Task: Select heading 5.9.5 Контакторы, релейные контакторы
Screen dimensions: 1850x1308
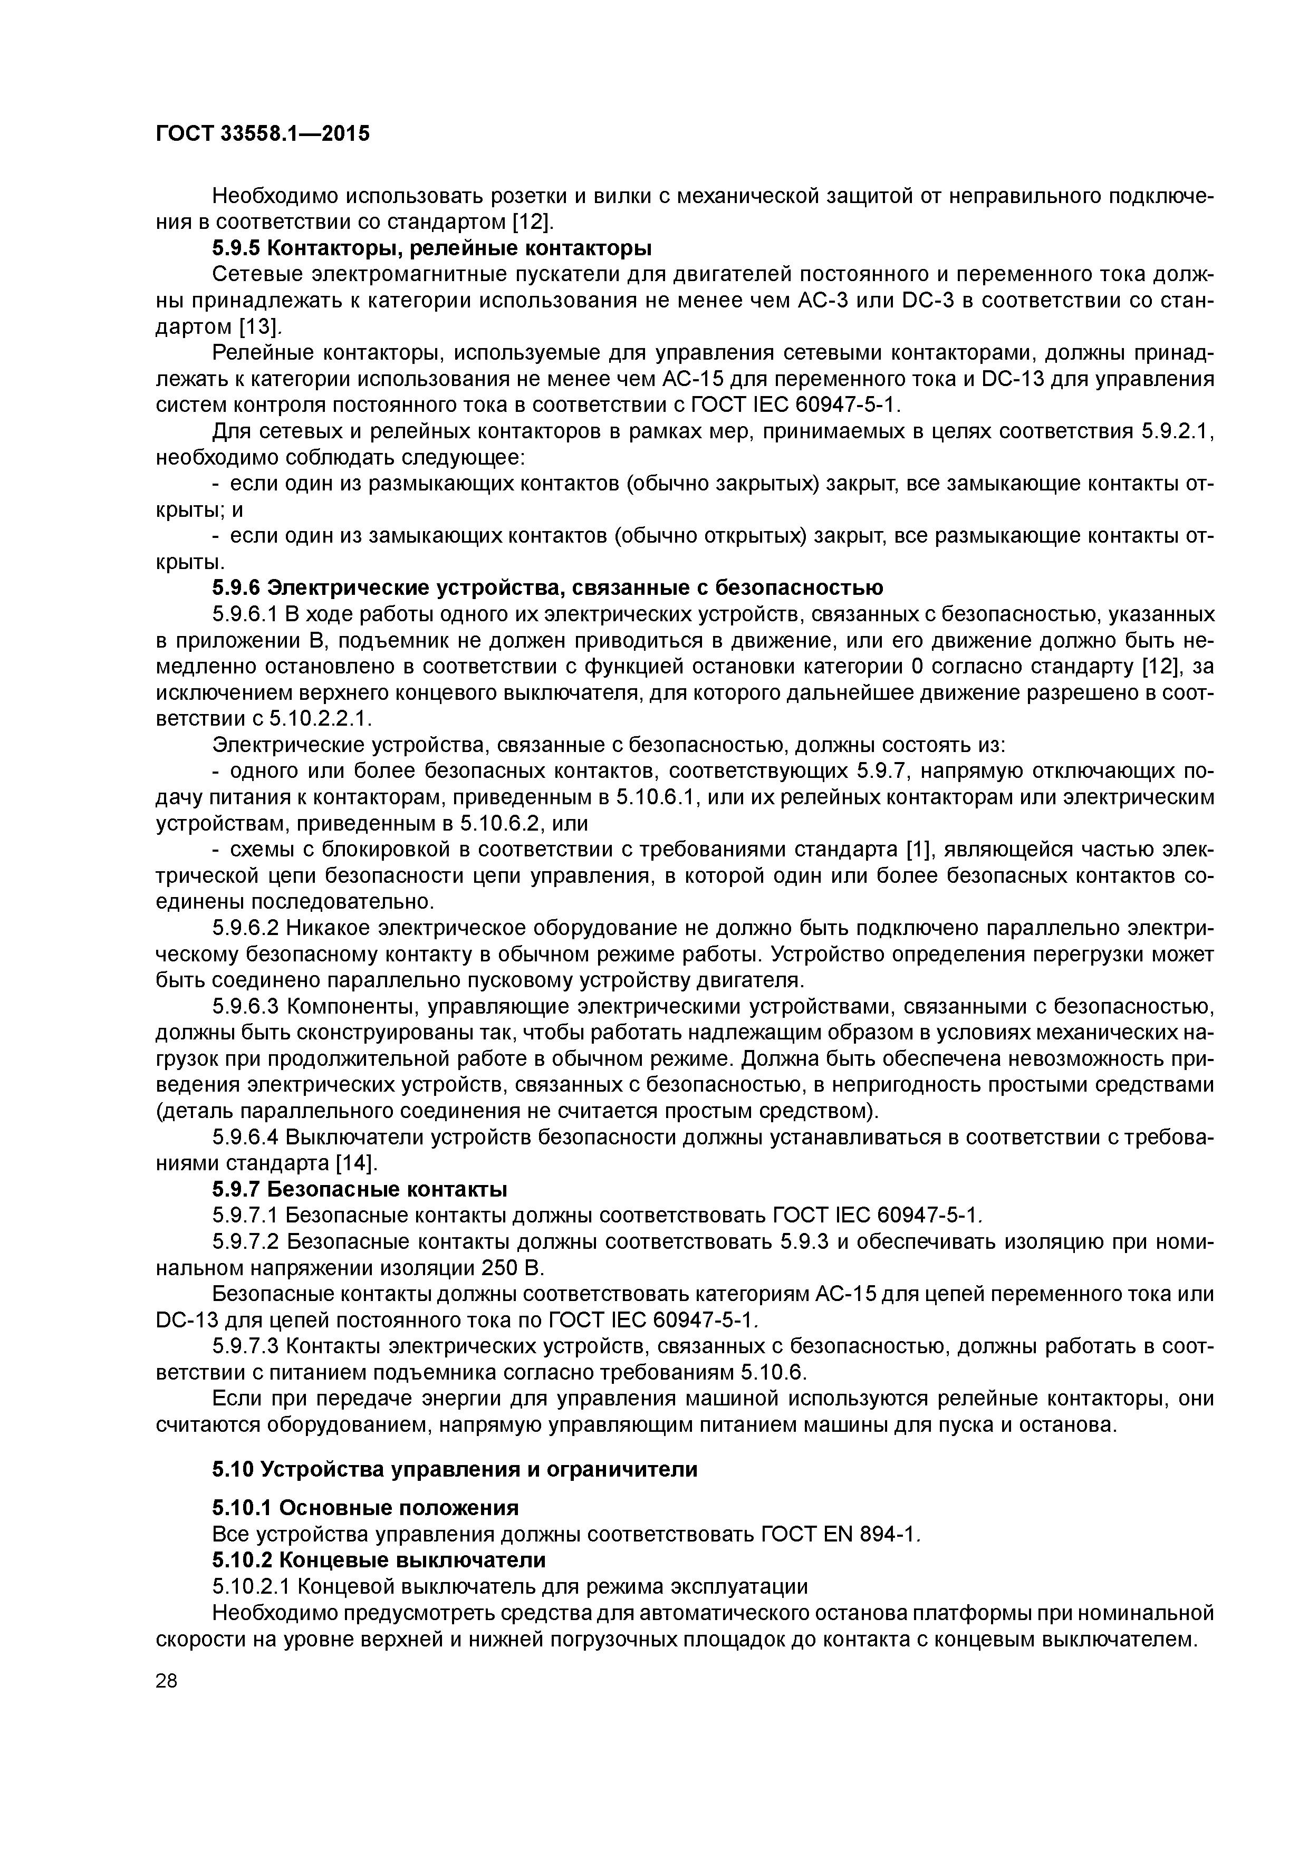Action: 432,247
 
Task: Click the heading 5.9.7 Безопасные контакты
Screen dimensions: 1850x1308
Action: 360,1189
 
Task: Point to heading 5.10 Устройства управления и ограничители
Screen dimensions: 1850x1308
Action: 455,1470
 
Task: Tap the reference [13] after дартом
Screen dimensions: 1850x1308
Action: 261,326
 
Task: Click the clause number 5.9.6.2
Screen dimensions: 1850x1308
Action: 246,928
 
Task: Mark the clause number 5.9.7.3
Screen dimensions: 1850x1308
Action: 246,1346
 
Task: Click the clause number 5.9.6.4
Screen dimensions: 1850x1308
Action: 246,1137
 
